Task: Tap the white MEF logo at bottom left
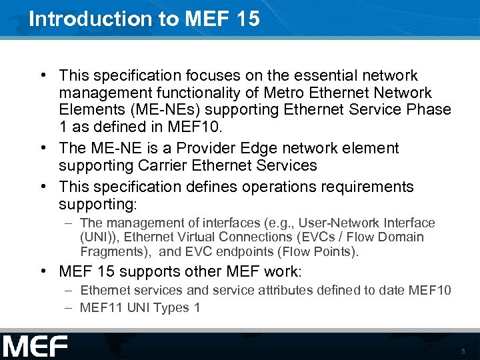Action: (x=35, y=346)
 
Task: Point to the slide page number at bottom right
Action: (x=463, y=351)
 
